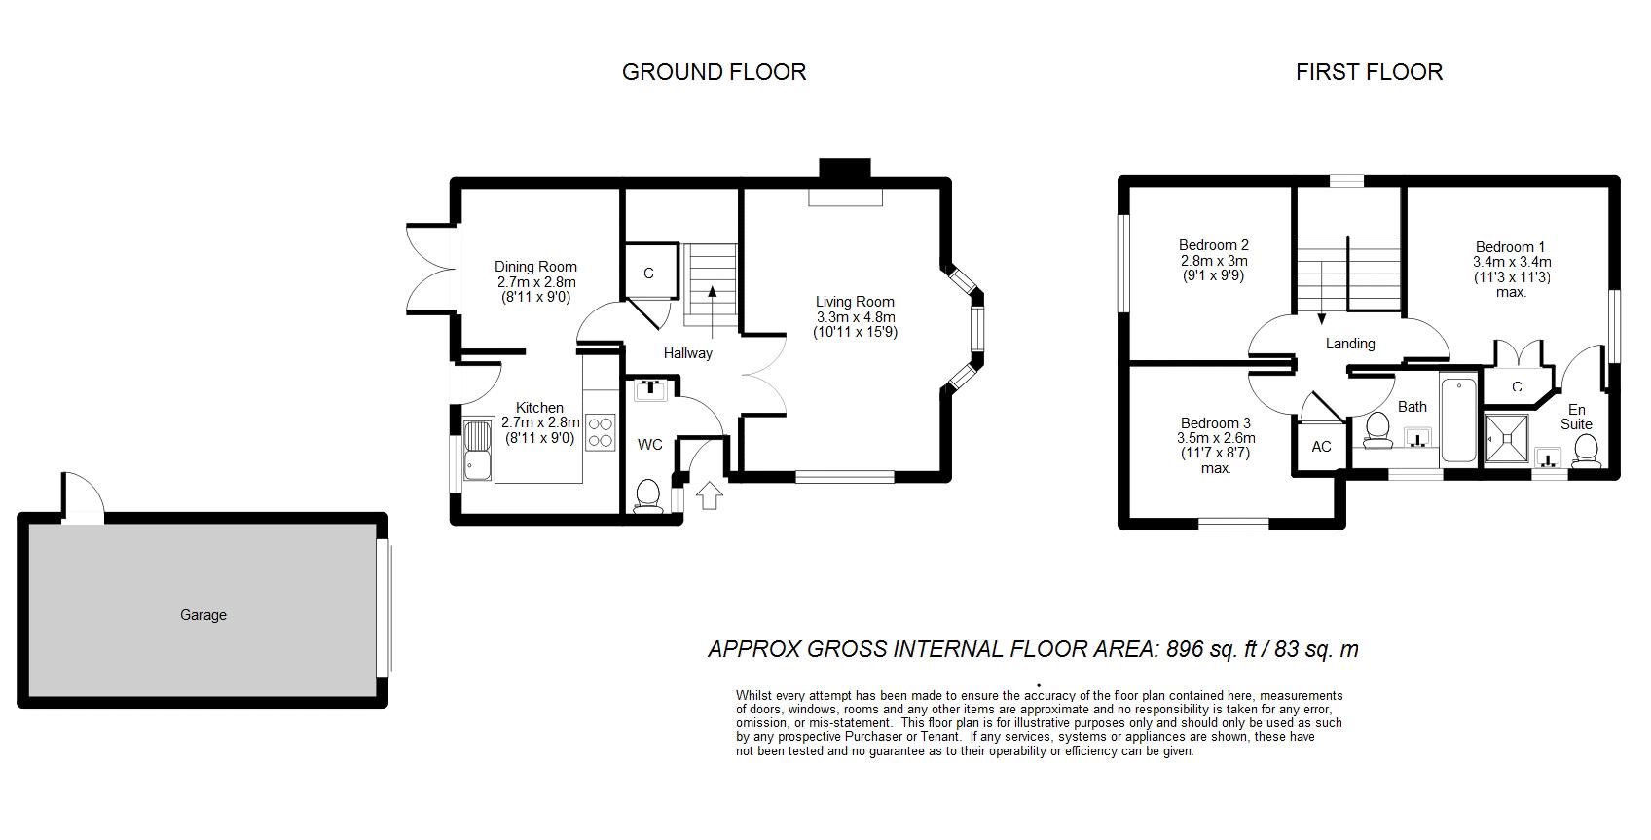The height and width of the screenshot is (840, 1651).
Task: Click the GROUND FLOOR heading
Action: click(714, 71)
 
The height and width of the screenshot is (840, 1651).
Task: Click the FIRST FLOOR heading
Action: click(1369, 71)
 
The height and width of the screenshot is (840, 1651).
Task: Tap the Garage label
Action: click(203, 614)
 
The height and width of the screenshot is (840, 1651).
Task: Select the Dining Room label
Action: click(535, 267)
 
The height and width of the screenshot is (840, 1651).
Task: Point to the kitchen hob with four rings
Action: click(601, 432)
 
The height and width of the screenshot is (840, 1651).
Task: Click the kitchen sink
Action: click(478, 450)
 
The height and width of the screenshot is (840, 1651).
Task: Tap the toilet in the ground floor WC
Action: click(648, 495)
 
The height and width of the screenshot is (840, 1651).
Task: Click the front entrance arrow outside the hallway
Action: click(709, 495)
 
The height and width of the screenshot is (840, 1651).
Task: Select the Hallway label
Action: click(687, 353)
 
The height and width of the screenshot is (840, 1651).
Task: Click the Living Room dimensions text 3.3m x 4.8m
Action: click(855, 317)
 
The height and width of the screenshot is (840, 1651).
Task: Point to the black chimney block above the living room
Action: click(845, 168)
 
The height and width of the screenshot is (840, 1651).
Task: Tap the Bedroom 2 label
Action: click(1213, 244)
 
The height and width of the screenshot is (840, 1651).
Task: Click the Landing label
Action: click(1350, 344)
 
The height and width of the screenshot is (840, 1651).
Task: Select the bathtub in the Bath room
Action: click(1458, 420)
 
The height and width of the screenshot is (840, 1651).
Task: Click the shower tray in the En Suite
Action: click(1507, 439)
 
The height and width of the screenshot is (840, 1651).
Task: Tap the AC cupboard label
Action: click(1322, 447)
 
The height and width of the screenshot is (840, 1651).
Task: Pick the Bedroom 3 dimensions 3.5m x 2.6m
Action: click(1216, 438)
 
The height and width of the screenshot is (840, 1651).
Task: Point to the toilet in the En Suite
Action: click(1586, 451)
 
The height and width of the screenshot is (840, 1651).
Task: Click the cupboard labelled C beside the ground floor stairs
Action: click(649, 272)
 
